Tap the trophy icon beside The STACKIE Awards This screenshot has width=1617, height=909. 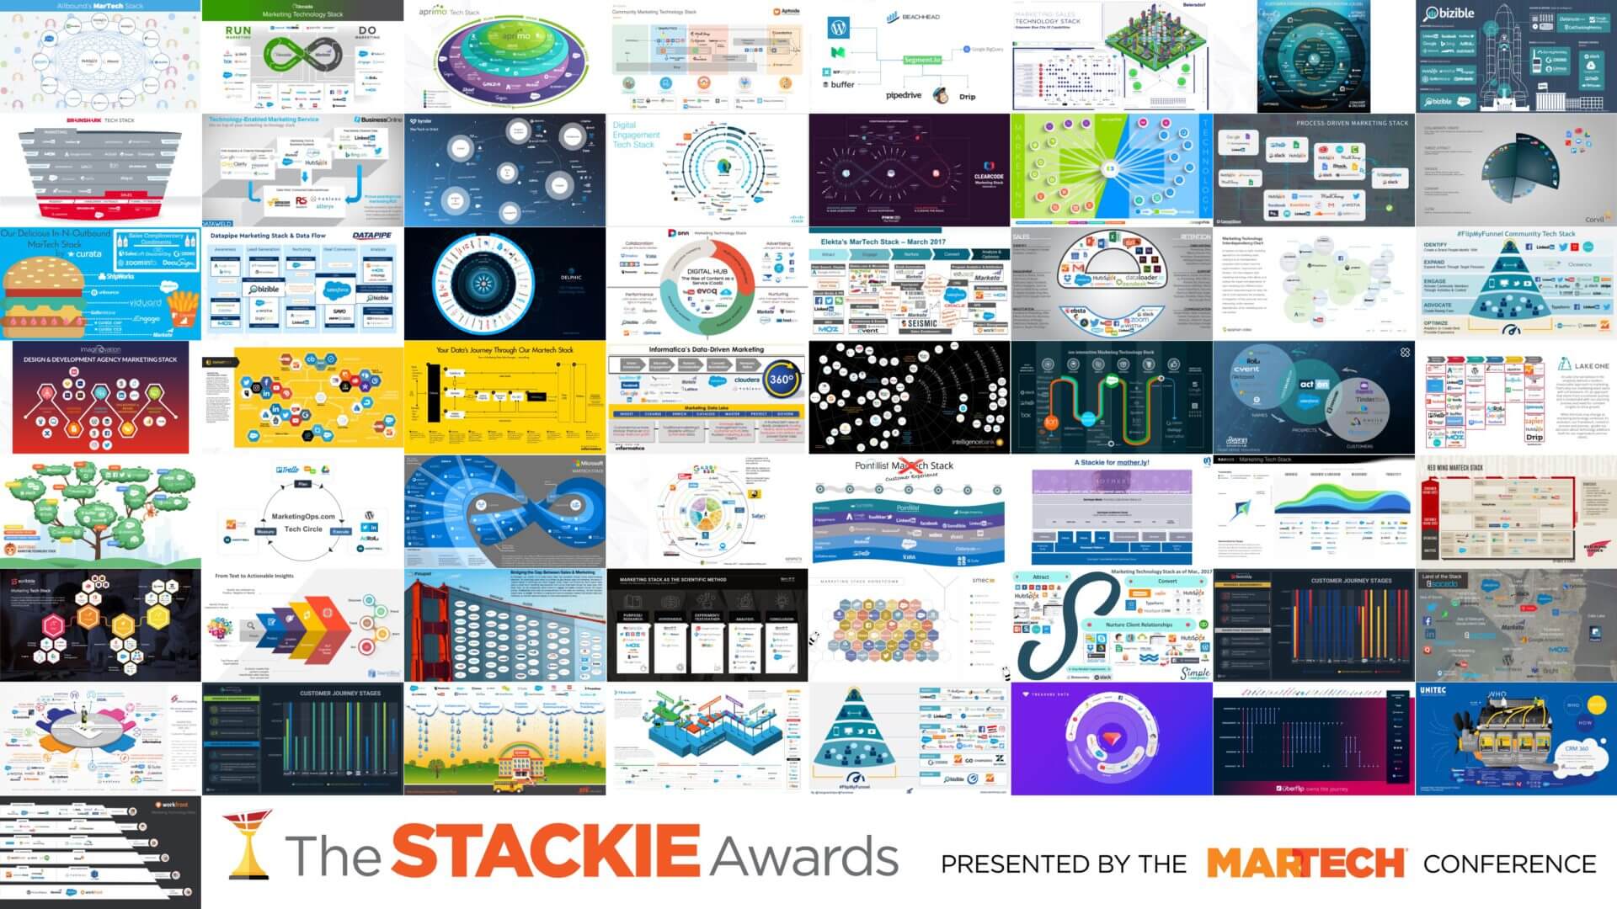[249, 844]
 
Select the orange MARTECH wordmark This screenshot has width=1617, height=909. [1305, 864]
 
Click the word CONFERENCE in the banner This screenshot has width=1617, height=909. [1509, 864]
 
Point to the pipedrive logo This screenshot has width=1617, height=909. [904, 95]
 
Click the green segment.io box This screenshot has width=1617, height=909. [922, 60]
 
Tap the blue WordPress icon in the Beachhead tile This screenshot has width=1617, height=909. [838, 28]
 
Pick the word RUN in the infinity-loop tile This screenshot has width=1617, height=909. [238, 30]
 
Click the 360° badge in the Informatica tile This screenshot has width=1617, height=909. [781, 379]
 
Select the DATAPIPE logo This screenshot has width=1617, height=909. [373, 236]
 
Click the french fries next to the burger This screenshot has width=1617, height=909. [181, 311]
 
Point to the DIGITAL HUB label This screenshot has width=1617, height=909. [707, 272]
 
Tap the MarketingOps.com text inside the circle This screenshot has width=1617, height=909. [303, 516]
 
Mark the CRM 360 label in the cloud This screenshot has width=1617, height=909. [1577, 748]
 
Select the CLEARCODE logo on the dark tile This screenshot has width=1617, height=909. [988, 177]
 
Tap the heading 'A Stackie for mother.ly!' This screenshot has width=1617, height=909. [1112, 462]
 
